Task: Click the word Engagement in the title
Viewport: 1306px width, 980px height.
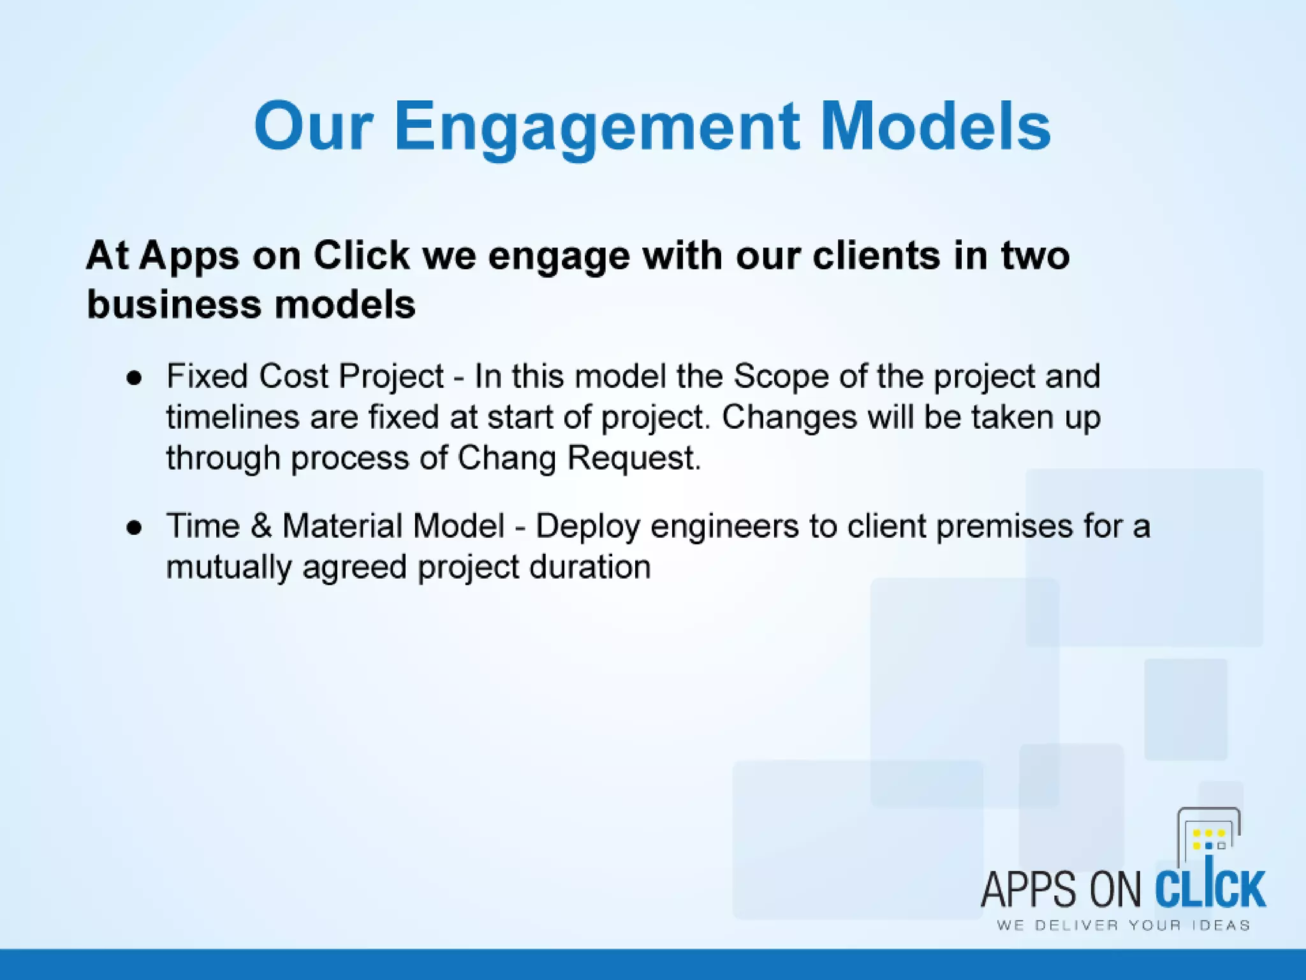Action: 596,128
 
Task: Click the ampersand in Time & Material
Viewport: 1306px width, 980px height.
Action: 261,527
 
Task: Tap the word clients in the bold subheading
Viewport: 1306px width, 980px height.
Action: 876,256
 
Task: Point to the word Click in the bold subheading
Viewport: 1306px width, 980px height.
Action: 361,256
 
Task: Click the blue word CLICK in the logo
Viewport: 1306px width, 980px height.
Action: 1210,888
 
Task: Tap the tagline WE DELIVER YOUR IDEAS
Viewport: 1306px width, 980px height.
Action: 1123,926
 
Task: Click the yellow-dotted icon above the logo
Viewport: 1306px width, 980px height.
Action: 1208,837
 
